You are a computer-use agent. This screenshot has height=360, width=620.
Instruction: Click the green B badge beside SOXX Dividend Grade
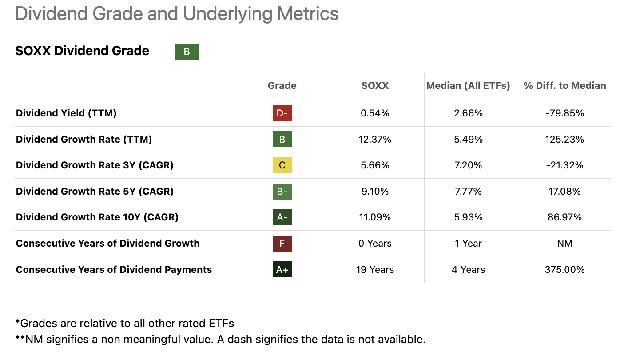187,52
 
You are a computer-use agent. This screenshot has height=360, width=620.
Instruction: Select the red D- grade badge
282,113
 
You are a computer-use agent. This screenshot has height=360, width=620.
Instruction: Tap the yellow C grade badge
282,165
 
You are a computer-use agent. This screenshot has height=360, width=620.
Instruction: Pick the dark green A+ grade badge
282,269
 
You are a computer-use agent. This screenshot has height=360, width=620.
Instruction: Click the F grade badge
282,244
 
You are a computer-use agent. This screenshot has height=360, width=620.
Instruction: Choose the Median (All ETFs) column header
468,85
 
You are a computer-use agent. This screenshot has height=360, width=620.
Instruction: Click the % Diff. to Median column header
564,85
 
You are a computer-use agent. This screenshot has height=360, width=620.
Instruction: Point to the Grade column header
282,85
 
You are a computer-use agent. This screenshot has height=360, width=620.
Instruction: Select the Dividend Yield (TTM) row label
66,113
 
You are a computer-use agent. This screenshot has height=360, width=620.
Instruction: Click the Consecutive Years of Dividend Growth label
107,244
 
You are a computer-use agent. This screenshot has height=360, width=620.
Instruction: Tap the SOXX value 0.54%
375,113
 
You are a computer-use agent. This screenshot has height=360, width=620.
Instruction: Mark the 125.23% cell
564,140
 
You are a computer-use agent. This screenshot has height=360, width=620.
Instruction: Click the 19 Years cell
375,269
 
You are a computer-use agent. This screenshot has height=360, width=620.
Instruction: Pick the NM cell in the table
564,244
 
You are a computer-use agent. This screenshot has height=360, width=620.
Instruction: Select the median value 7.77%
468,192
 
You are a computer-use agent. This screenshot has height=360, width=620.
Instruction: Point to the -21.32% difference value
564,165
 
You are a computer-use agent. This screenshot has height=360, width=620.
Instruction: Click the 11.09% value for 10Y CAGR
375,217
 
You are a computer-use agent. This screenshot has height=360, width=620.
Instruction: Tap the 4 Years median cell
468,269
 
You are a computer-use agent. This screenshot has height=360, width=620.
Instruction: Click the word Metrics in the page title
308,14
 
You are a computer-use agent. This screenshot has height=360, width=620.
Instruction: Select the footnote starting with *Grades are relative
124,323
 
